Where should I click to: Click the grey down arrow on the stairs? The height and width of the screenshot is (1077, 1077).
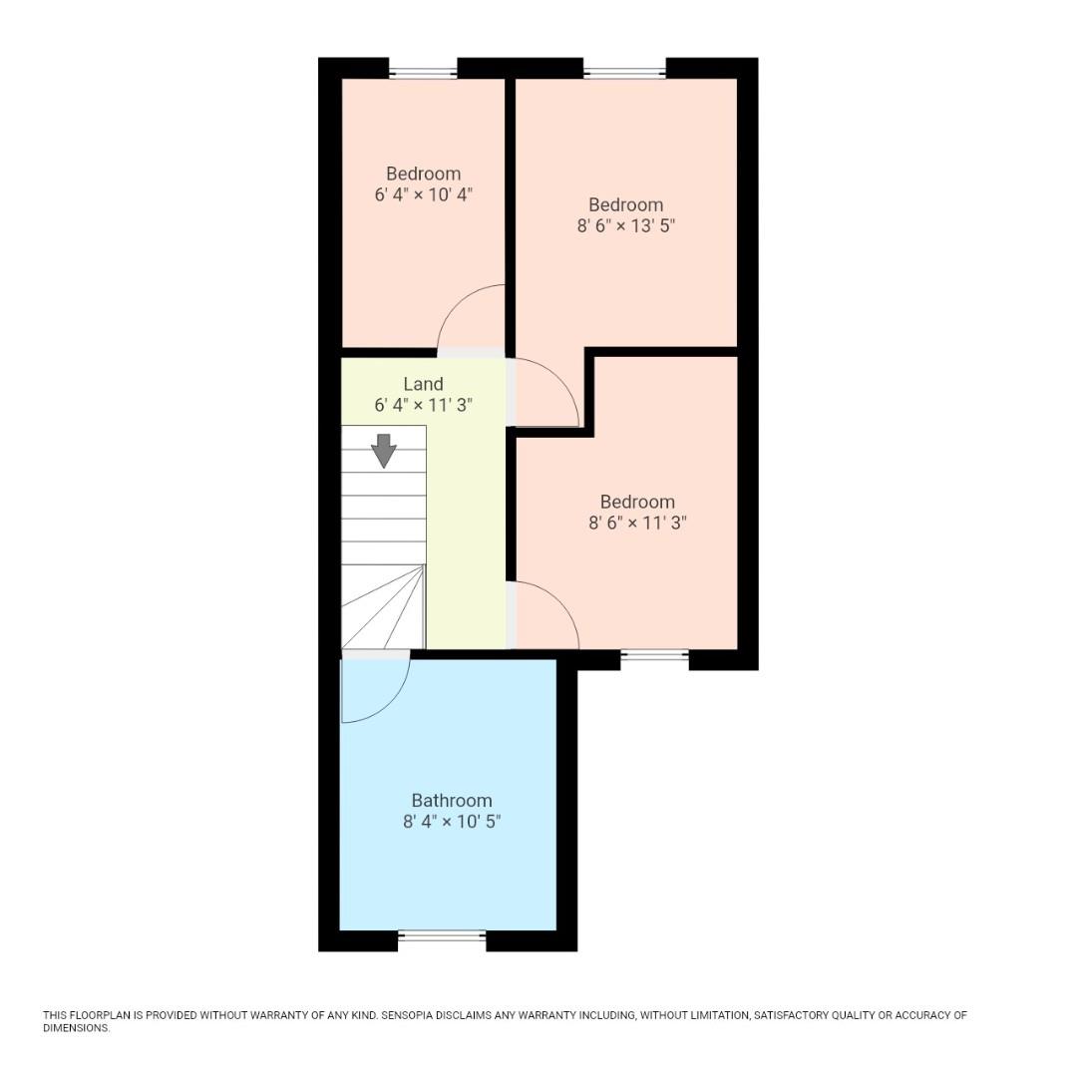click(x=384, y=451)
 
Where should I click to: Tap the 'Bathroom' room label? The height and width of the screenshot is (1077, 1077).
click(x=452, y=801)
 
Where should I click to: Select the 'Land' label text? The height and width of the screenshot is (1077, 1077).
click(x=423, y=384)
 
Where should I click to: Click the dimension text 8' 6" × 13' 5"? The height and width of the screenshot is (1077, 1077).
click(x=626, y=226)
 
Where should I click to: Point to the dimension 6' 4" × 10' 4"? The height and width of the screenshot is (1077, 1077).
click(x=423, y=194)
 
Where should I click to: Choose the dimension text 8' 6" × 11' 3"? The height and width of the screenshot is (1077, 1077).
click(x=637, y=523)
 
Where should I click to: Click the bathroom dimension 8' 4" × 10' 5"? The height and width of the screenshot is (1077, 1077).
click(x=452, y=823)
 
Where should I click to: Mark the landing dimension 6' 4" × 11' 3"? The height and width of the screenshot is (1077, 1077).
click(x=423, y=406)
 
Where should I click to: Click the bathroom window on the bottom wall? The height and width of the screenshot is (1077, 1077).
click(x=442, y=935)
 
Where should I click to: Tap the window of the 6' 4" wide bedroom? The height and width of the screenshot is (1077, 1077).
click(x=423, y=72)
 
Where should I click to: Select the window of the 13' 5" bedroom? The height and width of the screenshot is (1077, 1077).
click(x=624, y=72)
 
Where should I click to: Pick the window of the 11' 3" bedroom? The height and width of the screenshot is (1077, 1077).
click(x=654, y=655)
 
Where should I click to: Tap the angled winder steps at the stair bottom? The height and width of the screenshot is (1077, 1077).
click(x=382, y=606)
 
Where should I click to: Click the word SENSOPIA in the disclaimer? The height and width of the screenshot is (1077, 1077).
click(x=411, y=1016)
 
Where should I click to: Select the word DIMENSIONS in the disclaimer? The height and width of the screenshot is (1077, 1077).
click(x=76, y=1028)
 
